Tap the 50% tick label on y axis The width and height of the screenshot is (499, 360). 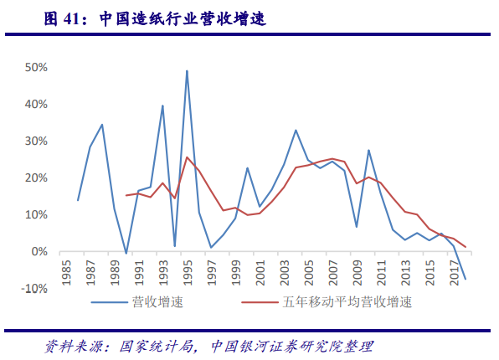[x=36, y=67]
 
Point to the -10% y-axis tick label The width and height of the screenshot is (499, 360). [x=34, y=289]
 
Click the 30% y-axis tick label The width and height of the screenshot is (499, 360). [x=36, y=141]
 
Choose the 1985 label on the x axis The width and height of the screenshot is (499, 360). [x=66, y=273]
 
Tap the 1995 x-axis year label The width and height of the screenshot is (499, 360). [x=187, y=273]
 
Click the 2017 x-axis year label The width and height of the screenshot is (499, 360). [x=453, y=273]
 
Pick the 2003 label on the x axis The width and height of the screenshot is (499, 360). [x=284, y=273]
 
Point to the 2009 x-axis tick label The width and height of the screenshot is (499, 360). [x=357, y=273]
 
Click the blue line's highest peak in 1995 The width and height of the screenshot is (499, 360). [x=187, y=70]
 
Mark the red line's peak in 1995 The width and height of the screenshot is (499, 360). [x=187, y=157]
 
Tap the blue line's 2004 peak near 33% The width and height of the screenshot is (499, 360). [x=296, y=130]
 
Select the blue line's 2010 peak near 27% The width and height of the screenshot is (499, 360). [x=368, y=150]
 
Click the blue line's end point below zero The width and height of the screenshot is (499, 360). [x=466, y=279]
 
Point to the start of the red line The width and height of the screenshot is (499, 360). [x=126, y=195]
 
